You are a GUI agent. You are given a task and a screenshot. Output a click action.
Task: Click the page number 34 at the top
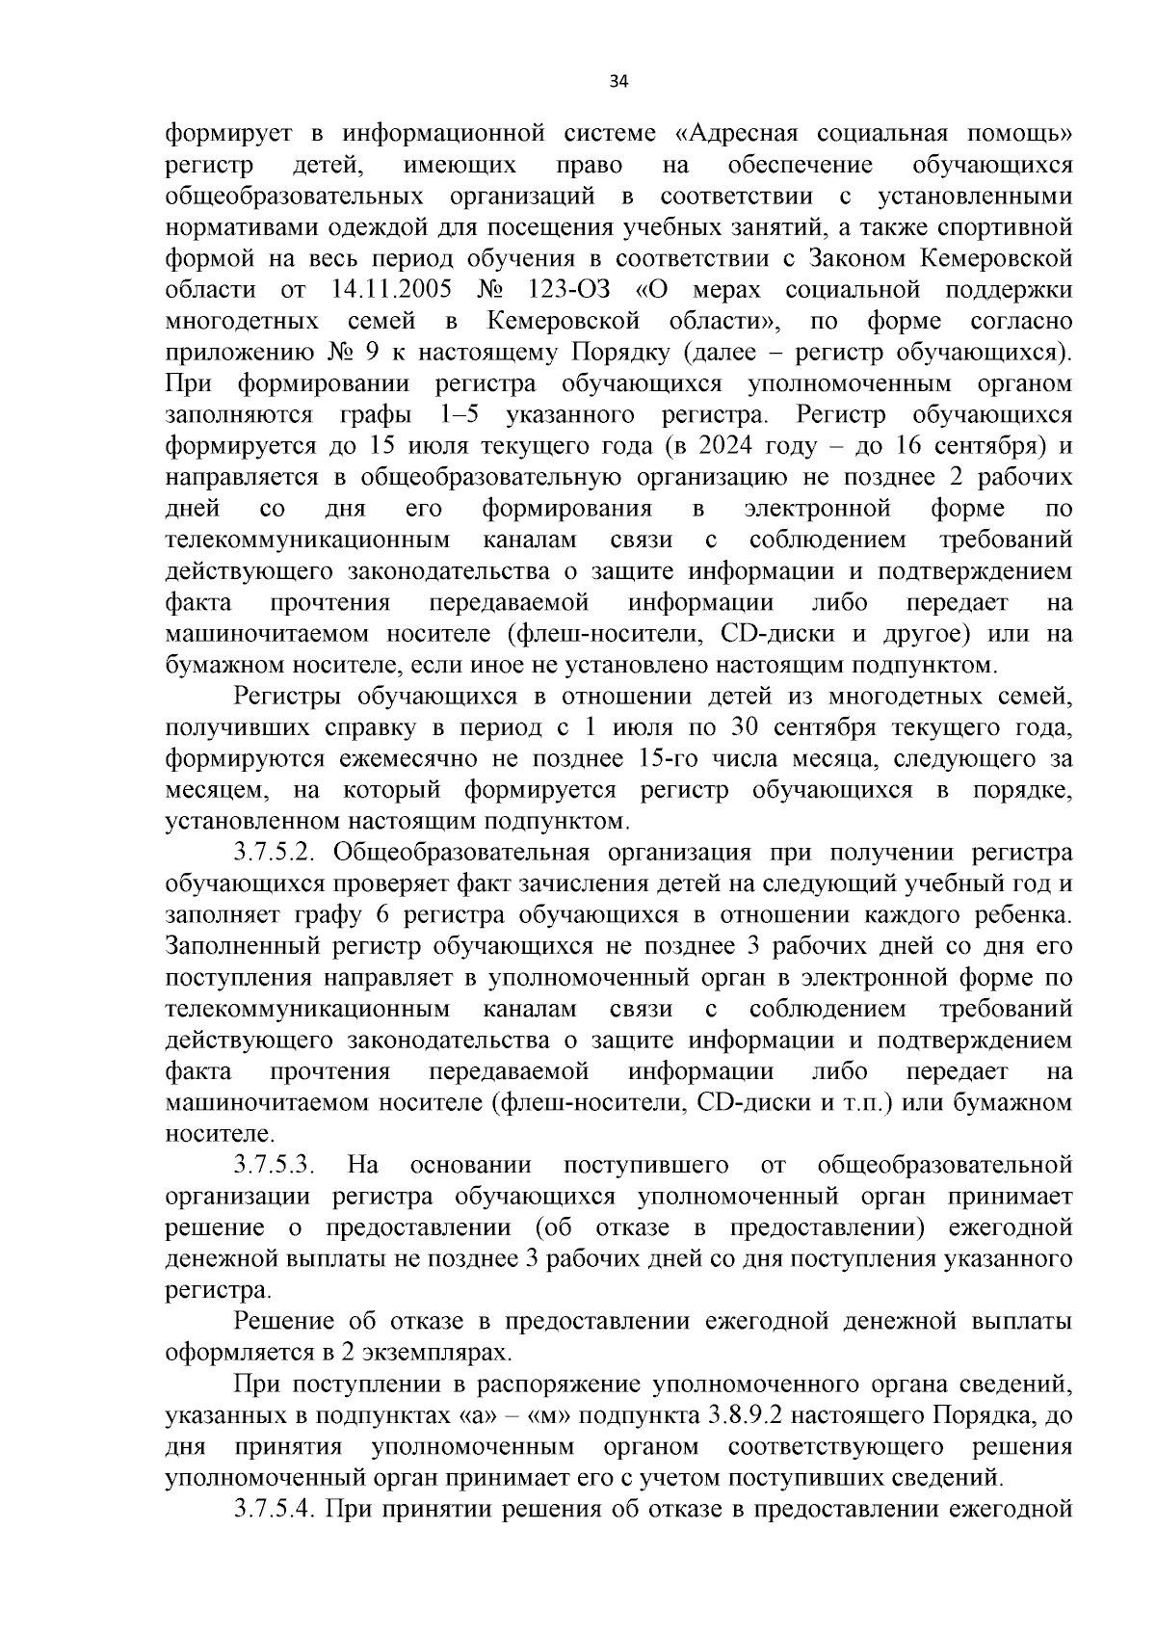tap(618, 82)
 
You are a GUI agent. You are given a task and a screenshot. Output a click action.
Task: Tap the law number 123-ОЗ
tap(570, 290)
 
